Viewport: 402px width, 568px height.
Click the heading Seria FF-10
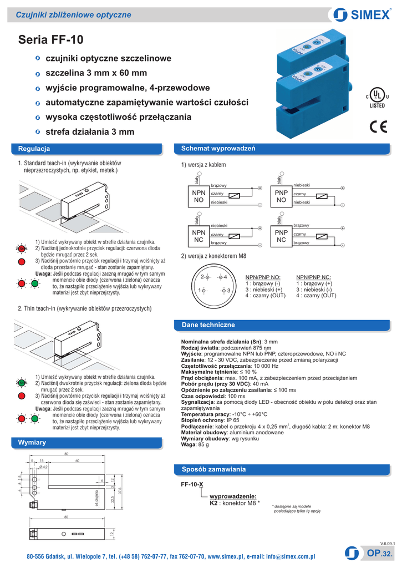click(50, 40)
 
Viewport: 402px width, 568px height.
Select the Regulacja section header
click(34, 149)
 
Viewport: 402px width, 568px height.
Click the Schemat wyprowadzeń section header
click(214, 149)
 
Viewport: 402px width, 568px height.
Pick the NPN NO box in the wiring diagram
click(199, 196)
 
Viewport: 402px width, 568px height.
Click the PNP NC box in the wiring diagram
click(281, 236)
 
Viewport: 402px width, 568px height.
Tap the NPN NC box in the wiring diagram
click(199, 236)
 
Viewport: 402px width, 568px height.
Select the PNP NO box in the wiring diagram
click(281, 196)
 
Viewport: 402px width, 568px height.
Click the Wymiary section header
click(32, 442)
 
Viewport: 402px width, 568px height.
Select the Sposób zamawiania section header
click(213, 469)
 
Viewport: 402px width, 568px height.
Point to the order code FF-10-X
click(192, 484)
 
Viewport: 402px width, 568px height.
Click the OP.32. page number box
click(380, 553)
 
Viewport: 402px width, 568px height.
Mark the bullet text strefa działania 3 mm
click(90, 132)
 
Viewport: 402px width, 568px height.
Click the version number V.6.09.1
click(387, 542)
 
